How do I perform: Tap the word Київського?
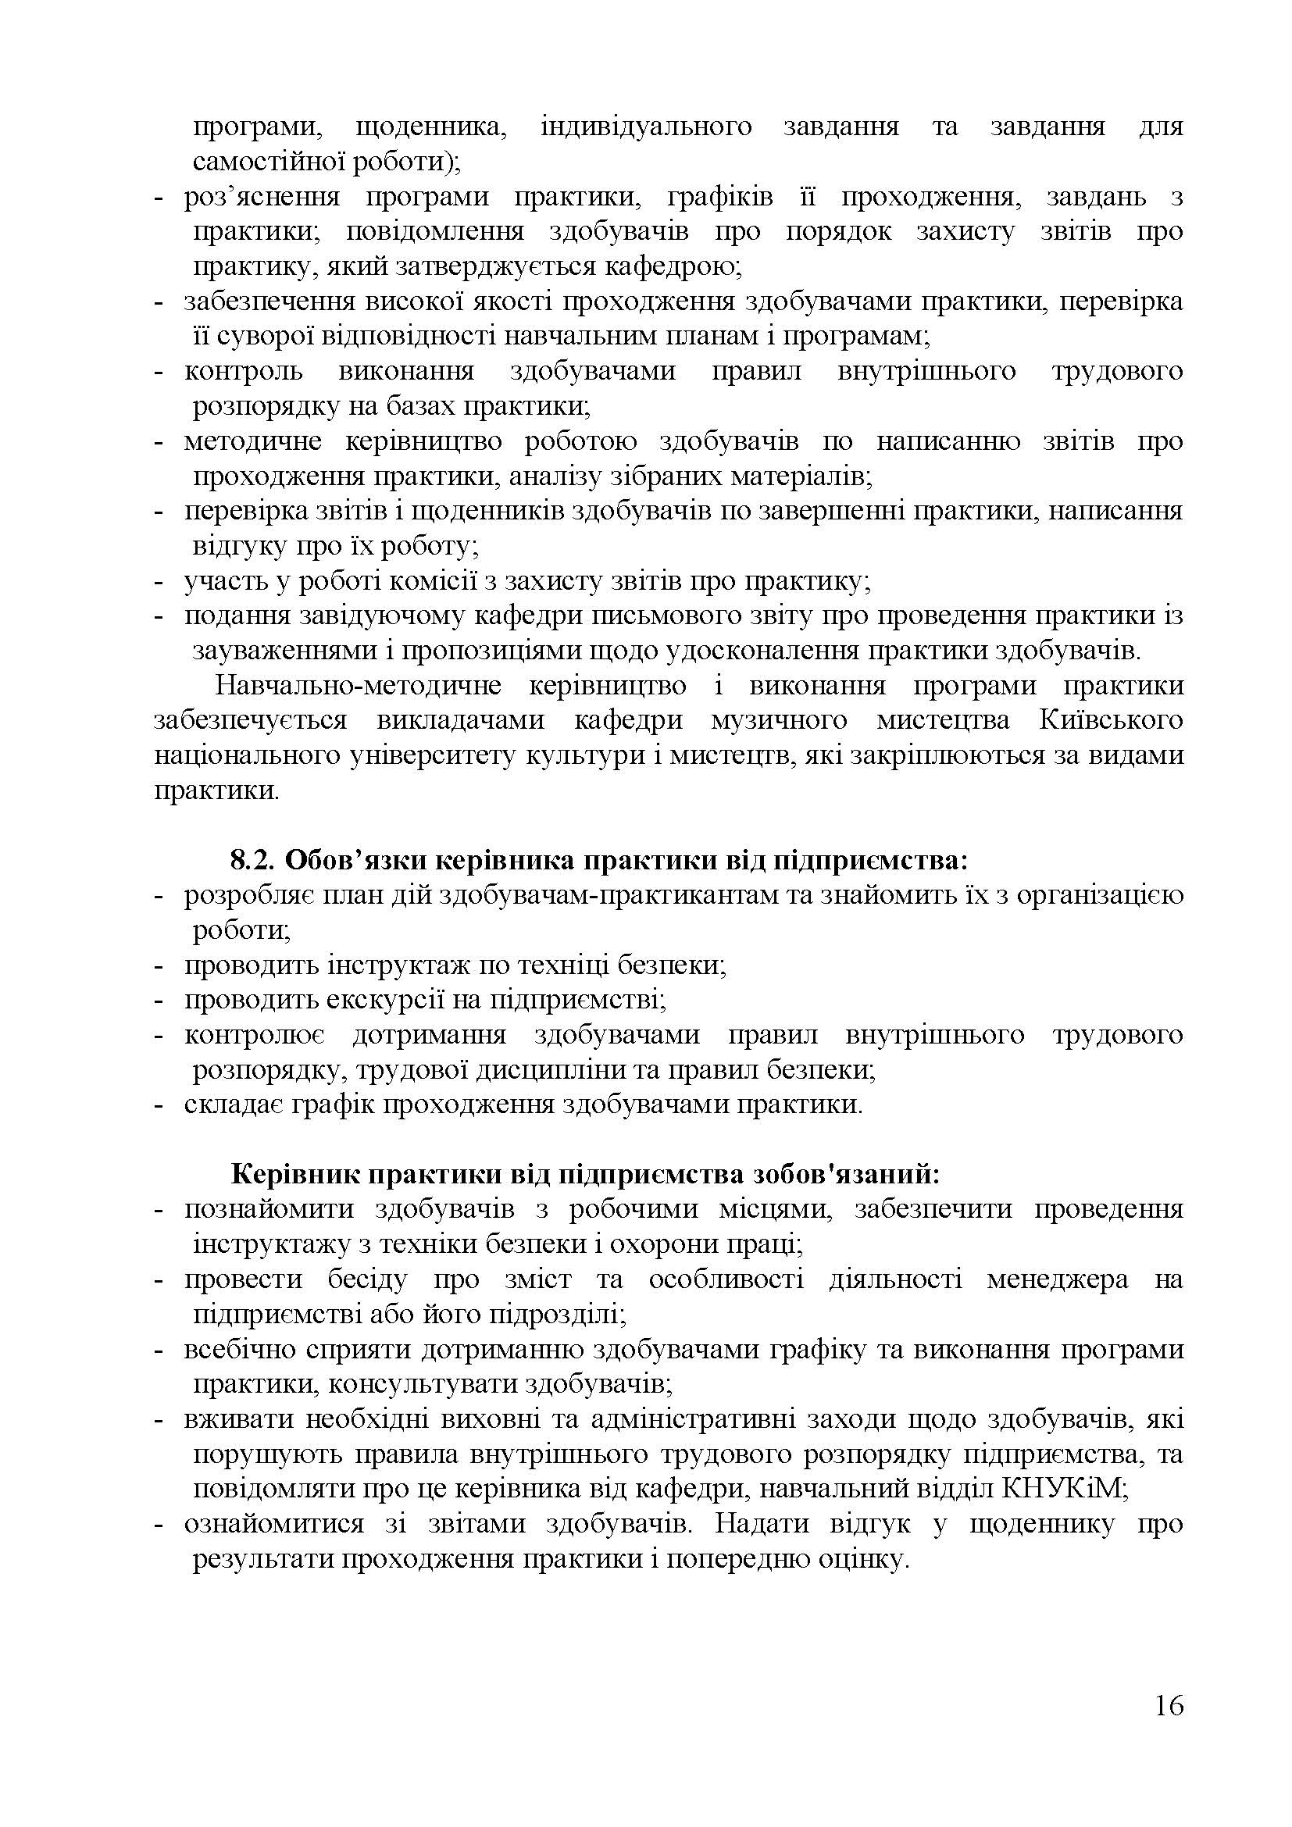tap(1112, 721)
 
